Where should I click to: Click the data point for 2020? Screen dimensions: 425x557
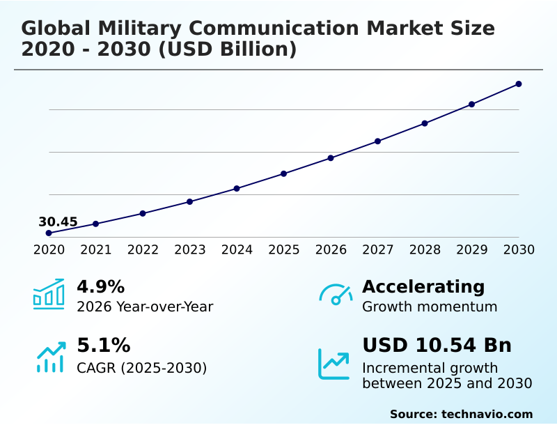[x=49, y=233]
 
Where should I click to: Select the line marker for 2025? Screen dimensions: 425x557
[x=284, y=173]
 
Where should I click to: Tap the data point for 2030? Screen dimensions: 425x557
[x=519, y=84]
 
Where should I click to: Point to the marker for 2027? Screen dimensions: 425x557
[x=378, y=141]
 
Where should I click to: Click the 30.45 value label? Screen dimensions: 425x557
[x=58, y=222]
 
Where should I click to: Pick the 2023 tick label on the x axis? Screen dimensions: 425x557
[x=190, y=250]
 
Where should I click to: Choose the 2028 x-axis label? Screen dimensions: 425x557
[x=425, y=250]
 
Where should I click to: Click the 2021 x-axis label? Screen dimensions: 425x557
[x=96, y=250]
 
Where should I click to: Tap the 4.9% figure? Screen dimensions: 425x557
[x=100, y=286]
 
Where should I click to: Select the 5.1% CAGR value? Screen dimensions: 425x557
[x=103, y=346]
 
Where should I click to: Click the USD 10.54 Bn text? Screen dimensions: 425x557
[x=437, y=346]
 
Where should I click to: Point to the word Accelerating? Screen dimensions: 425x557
[x=423, y=286]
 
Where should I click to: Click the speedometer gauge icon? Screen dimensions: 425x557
[x=336, y=294]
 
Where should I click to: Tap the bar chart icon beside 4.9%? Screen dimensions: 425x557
[x=49, y=294]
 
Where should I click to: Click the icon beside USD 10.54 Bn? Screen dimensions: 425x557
[x=334, y=364]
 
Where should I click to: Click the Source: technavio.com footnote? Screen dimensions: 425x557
[x=461, y=414]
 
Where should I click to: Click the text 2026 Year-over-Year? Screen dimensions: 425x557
[x=145, y=307]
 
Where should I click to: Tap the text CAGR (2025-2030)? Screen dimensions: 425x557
[x=141, y=368]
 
